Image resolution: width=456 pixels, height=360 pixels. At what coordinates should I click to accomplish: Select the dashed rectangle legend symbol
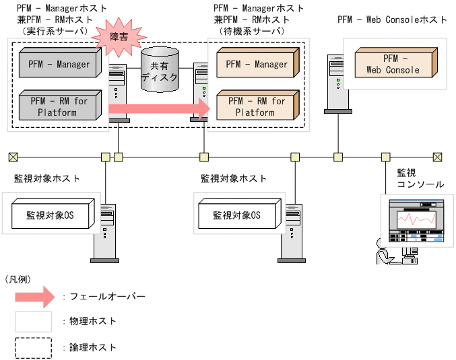pos(33,347)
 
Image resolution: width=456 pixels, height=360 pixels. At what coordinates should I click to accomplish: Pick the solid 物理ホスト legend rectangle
pos(33,321)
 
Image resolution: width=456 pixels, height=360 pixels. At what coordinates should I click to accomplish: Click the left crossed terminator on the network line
pos(13,157)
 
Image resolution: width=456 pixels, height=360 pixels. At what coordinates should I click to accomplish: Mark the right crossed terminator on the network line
pos(438,157)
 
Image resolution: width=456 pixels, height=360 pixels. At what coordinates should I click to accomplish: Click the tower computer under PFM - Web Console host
pos(337,87)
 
